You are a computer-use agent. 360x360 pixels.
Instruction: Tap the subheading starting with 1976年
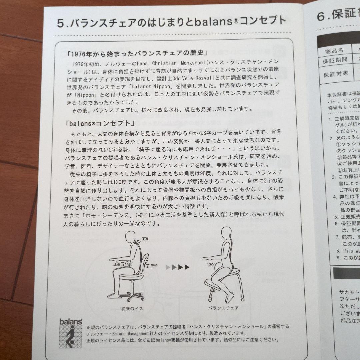[x=137, y=53]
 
